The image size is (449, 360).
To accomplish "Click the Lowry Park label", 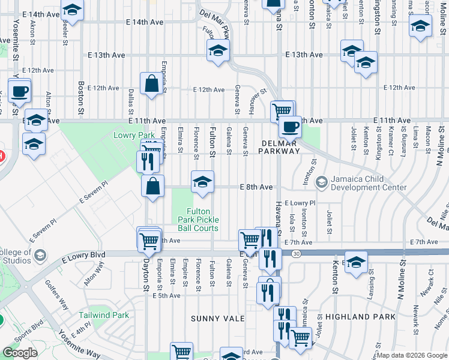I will click(x=131, y=136).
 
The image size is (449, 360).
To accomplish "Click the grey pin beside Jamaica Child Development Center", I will click(x=322, y=181).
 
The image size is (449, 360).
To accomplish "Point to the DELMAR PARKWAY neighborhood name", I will click(x=280, y=147).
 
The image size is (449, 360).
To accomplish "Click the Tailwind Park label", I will click(x=104, y=315).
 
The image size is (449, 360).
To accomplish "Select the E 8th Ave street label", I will click(x=257, y=187).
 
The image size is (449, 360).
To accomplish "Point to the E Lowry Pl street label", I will click(x=300, y=203).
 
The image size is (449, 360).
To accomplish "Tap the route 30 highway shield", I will click(x=296, y=254).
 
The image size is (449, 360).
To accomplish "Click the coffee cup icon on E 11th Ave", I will click(x=290, y=127).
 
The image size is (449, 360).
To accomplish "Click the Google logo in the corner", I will click(x=20, y=353).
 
